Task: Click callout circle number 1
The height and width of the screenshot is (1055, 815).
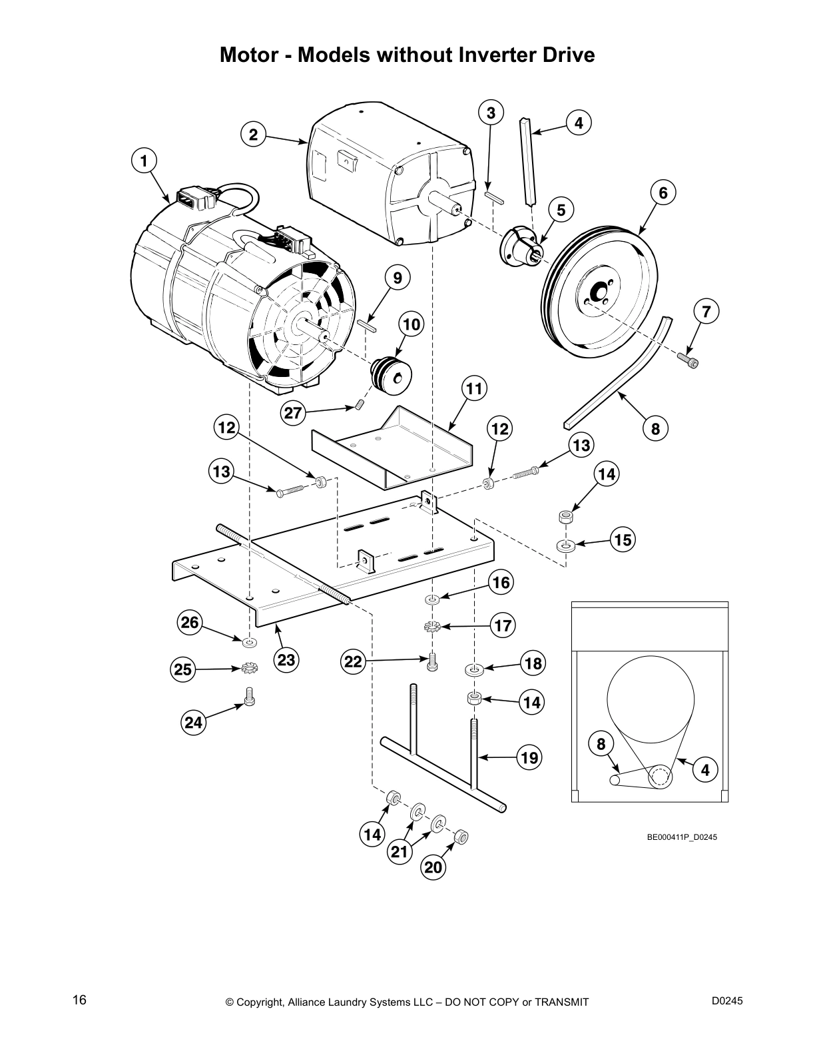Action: tap(144, 161)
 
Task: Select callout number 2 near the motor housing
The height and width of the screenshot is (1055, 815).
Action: tap(253, 135)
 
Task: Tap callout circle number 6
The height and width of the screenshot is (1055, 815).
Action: tap(663, 192)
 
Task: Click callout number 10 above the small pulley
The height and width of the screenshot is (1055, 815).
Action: tap(412, 324)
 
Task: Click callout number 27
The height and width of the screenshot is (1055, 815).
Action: tap(294, 413)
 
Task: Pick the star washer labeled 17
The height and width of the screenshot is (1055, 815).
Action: tap(432, 626)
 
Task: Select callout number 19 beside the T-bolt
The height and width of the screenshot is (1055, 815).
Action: tap(529, 757)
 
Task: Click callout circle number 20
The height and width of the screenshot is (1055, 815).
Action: tap(433, 867)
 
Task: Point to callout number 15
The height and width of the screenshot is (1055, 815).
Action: tap(623, 539)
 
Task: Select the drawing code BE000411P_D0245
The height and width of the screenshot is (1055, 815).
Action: tap(682, 837)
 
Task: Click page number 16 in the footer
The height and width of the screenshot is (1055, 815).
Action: tap(79, 1000)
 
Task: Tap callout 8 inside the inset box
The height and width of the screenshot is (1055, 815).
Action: tap(601, 743)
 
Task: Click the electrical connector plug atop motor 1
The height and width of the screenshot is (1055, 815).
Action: tap(188, 198)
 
